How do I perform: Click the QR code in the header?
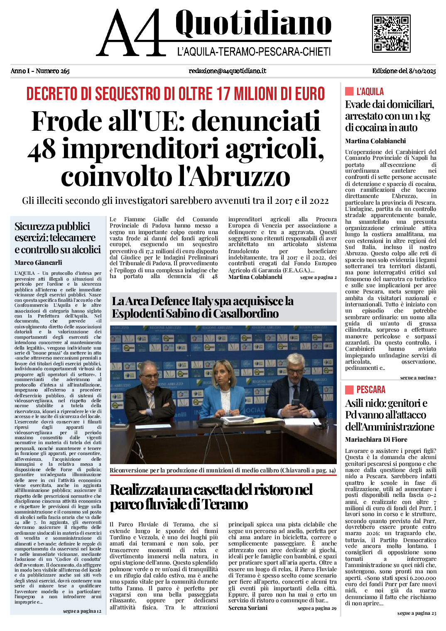tap(391, 34)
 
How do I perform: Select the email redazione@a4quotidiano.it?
tap(227, 71)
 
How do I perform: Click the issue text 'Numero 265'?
tap(53, 71)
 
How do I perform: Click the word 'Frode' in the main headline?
tap(66, 121)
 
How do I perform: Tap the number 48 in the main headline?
tap(42, 149)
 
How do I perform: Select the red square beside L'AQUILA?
tap(349, 91)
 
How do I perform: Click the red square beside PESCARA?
tap(349, 389)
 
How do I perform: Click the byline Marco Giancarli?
tap(38, 262)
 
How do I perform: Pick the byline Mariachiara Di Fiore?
tap(376, 439)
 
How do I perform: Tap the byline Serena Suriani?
tap(248, 608)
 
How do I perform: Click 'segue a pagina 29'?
tap(317, 608)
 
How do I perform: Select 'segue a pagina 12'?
tap(82, 611)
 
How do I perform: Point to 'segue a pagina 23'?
tap(417, 613)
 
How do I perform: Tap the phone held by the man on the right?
tap(295, 402)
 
